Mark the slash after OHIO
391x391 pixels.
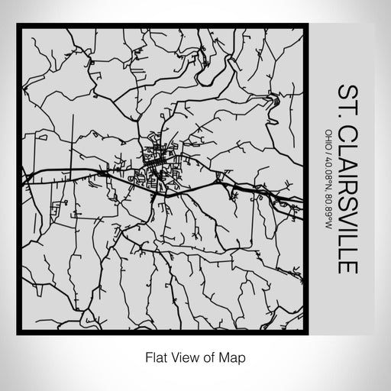click(x=328, y=150)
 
